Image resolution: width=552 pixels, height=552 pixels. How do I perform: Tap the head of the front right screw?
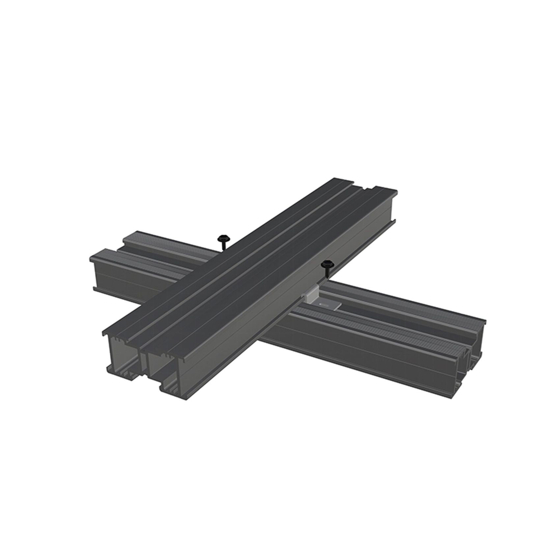(327, 263)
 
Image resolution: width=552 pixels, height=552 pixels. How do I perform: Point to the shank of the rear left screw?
(222, 245)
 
